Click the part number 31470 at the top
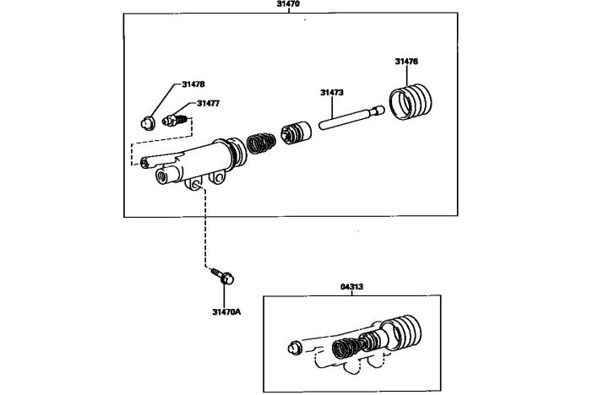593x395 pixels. (x=288, y=3)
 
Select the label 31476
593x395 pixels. (x=406, y=62)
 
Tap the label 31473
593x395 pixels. (x=332, y=92)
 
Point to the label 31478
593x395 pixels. (x=193, y=84)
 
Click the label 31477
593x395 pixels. (x=208, y=103)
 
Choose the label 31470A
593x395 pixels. (x=226, y=311)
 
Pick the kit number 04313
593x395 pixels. (x=351, y=286)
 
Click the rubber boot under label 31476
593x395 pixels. (x=411, y=101)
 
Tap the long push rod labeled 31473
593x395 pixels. (x=351, y=117)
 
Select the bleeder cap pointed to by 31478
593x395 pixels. (x=147, y=123)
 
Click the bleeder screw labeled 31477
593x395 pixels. (x=175, y=121)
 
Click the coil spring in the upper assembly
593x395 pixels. (x=261, y=143)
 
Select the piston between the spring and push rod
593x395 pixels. (x=296, y=133)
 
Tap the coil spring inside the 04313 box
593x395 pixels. (x=344, y=348)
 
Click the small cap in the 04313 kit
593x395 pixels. (x=295, y=348)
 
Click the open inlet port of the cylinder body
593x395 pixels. (x=163, y=177)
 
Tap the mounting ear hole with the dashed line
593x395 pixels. (x=196, y=185)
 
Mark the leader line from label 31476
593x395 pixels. (x=407, y=76)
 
